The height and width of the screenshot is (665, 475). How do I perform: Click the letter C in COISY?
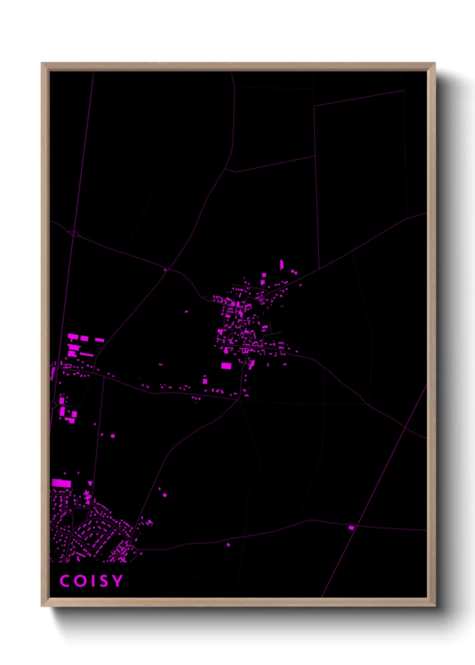(65, 581)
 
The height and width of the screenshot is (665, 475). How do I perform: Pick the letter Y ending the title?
(117, 581)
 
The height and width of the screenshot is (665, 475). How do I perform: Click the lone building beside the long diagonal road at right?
(351, 528)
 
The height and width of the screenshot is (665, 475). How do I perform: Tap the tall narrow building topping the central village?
(281, 264)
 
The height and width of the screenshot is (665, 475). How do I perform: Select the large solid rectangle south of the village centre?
(226, 366)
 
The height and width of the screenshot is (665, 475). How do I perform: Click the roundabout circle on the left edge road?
(53, 405)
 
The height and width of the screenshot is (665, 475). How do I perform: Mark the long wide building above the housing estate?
(62, 483)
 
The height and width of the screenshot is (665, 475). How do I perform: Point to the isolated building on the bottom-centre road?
(228, 545)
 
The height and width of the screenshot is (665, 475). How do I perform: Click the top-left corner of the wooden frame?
(42, 63)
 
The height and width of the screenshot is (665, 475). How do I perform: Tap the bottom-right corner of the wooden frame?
(435, 606)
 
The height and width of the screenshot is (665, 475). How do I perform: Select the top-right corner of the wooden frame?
(435, 63)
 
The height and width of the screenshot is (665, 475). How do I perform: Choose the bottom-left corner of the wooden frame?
(42, 606)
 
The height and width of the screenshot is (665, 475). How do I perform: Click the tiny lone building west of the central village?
(186, 311)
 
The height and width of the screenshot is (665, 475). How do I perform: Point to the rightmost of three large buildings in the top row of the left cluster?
(99, 340)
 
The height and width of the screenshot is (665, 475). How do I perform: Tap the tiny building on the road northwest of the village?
(165, 270)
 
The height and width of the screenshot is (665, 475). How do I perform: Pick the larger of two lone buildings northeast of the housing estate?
(165, 495)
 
